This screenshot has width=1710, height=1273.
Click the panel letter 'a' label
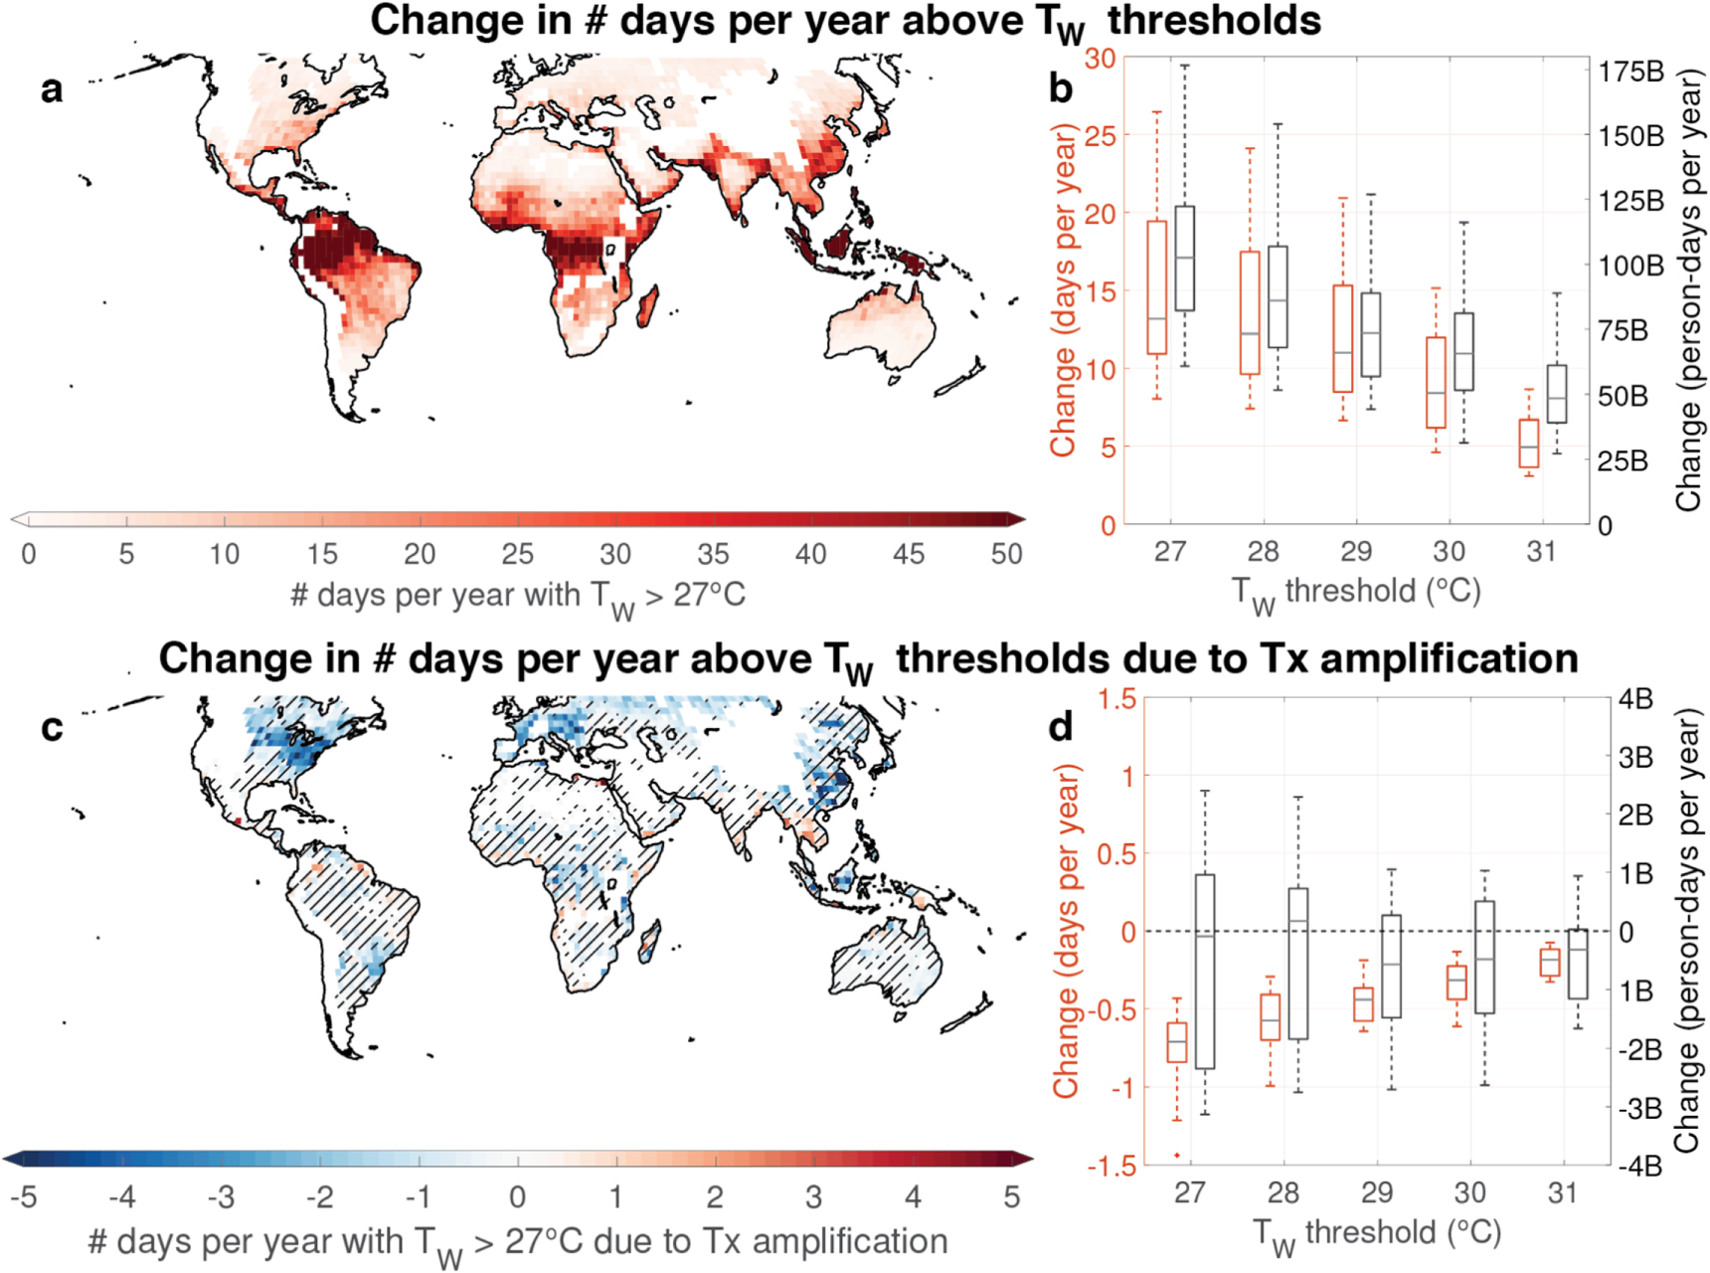pos(52,90)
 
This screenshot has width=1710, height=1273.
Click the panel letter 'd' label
pos(1061,728)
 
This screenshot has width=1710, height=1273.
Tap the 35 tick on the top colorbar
pos(713,554)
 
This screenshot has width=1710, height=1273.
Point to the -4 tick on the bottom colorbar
pos(121,1196)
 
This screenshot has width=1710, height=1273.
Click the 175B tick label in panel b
pos(1630,72)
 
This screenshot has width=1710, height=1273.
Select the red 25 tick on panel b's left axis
pos(1100,135)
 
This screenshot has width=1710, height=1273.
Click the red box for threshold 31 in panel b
pos(1529,443)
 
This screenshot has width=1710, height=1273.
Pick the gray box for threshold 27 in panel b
pos(1184,259)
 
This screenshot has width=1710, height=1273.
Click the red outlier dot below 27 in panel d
pos(1177,1155)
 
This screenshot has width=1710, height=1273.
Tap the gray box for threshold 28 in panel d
pos(1297,963)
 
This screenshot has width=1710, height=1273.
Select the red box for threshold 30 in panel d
pos(1456,982)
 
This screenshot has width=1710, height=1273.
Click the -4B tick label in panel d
pos(1639,1166)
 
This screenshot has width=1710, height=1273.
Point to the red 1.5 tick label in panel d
pos(1117,699)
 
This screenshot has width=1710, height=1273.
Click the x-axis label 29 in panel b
pos(1356,551)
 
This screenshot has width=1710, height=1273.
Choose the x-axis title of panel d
pos(1376,1234)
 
